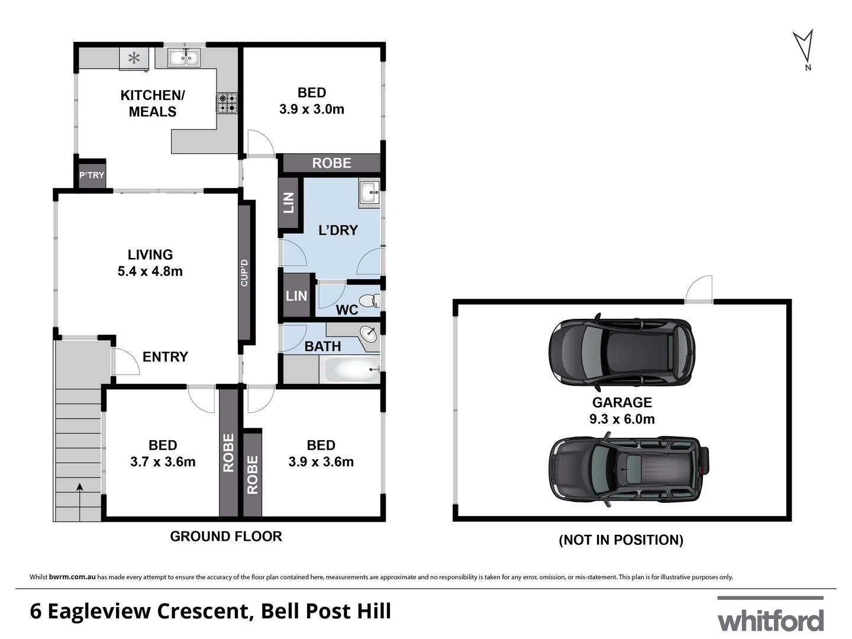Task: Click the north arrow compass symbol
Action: pos(803,47)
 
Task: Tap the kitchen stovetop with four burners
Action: pos(227,103)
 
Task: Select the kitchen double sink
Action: pos(184,57)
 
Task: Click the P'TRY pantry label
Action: pos(92,175)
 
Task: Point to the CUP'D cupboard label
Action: pos(244,273)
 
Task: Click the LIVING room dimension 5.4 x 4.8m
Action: pos(150,272)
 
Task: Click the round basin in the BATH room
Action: pos(369,334)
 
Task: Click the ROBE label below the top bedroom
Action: pos(331,163)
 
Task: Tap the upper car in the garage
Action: pos(621,353)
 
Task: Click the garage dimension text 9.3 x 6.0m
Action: pos(622,419)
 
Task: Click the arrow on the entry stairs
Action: pos(79,487)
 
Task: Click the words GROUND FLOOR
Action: pos(226,537)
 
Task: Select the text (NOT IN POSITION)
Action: pos(621,540)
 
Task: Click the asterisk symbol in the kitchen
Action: pos(134,58)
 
